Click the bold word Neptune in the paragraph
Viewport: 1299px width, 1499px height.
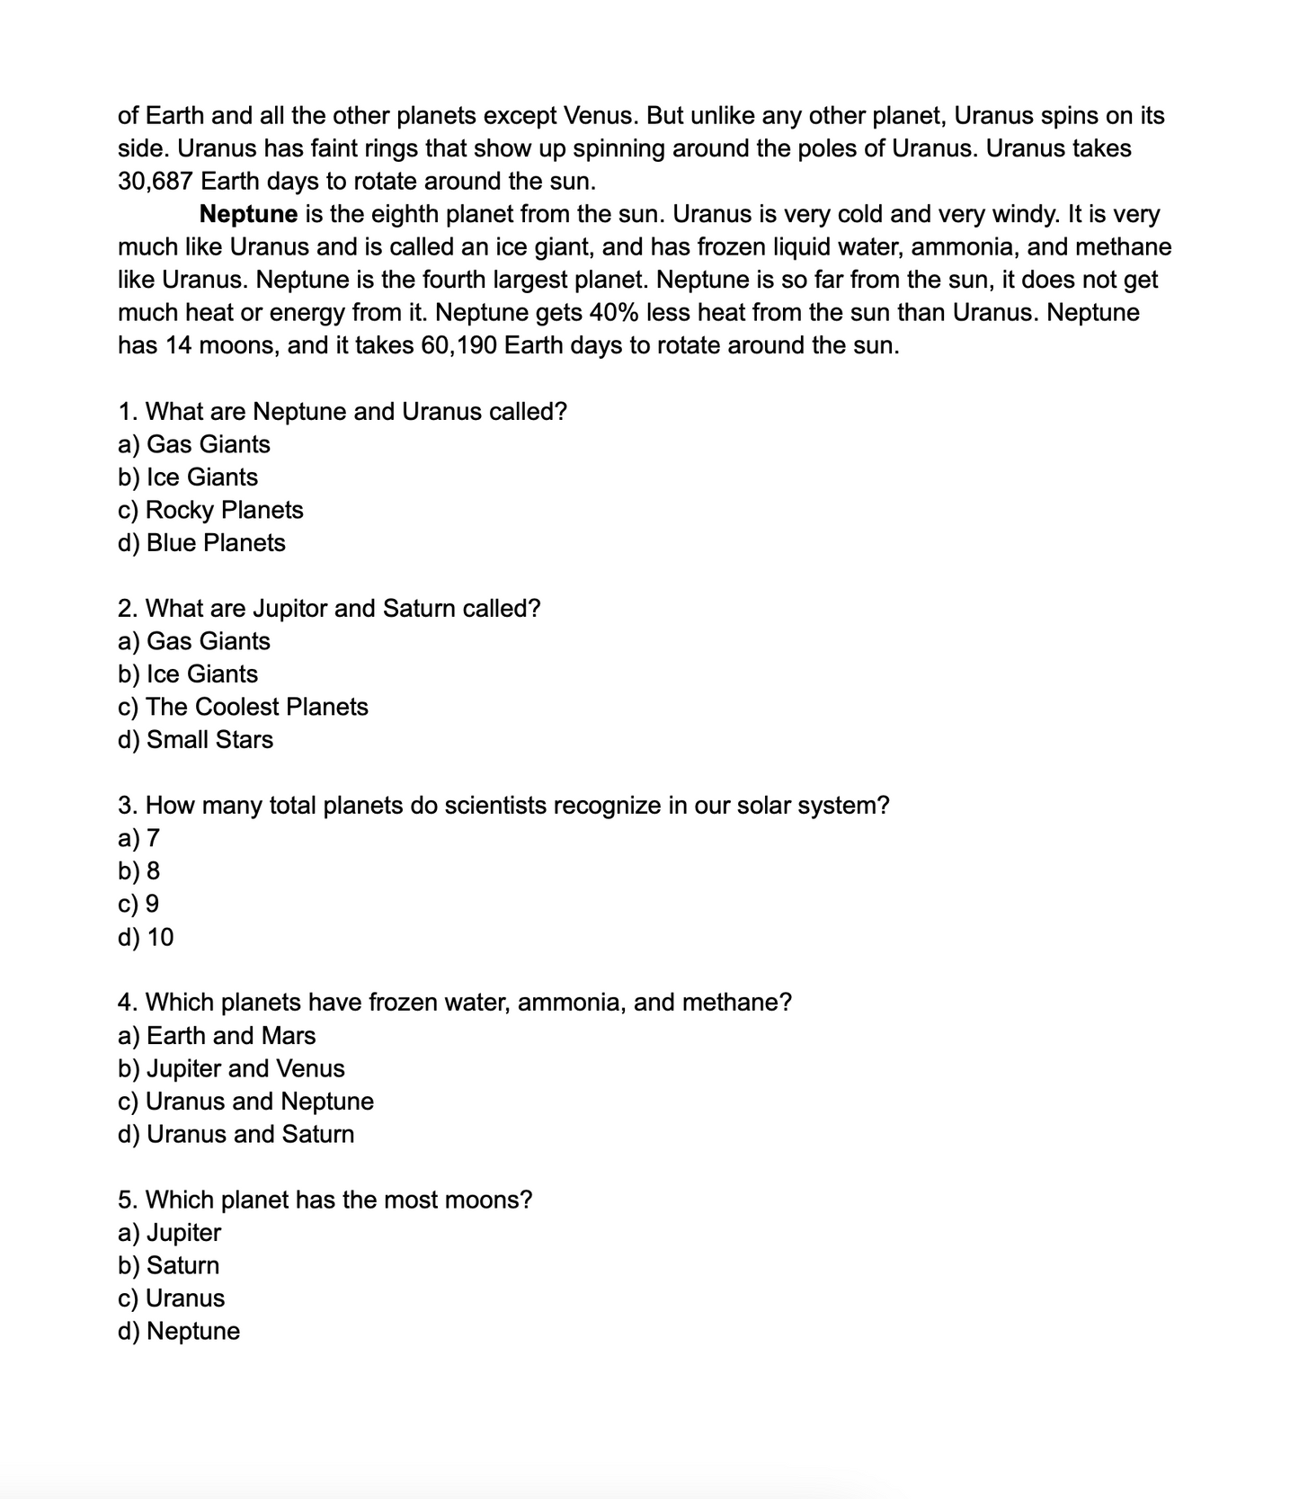point(248,214)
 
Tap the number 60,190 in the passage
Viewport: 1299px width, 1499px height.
point(458,345)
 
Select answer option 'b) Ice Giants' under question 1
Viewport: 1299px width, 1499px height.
point(188,477)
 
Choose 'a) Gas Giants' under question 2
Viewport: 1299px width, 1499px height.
point(194,641)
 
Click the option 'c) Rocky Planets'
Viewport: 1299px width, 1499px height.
point(210,510)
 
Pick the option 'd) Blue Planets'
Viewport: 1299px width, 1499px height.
point(201,543)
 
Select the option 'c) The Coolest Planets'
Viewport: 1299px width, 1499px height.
point(243,707)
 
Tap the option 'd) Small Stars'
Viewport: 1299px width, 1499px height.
point(195,740)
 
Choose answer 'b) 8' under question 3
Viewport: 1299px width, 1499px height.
point(139,871)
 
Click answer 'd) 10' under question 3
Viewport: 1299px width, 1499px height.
point(146,937)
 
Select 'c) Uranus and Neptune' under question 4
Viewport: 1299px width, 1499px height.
point(245,1102)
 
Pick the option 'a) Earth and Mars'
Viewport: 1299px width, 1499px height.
point(217,1036)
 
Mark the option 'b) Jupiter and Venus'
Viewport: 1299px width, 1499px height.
point(231,1069)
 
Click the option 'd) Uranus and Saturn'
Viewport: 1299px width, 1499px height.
point(236,1135)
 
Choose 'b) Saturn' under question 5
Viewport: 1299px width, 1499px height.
point(168,1266)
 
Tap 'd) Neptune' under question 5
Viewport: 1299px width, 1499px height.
point(179,1332)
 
